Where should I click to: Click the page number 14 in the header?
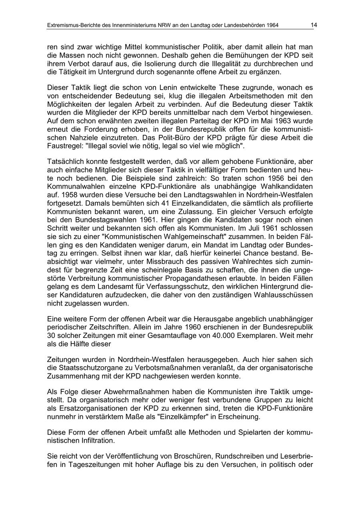[x=314, y=25]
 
